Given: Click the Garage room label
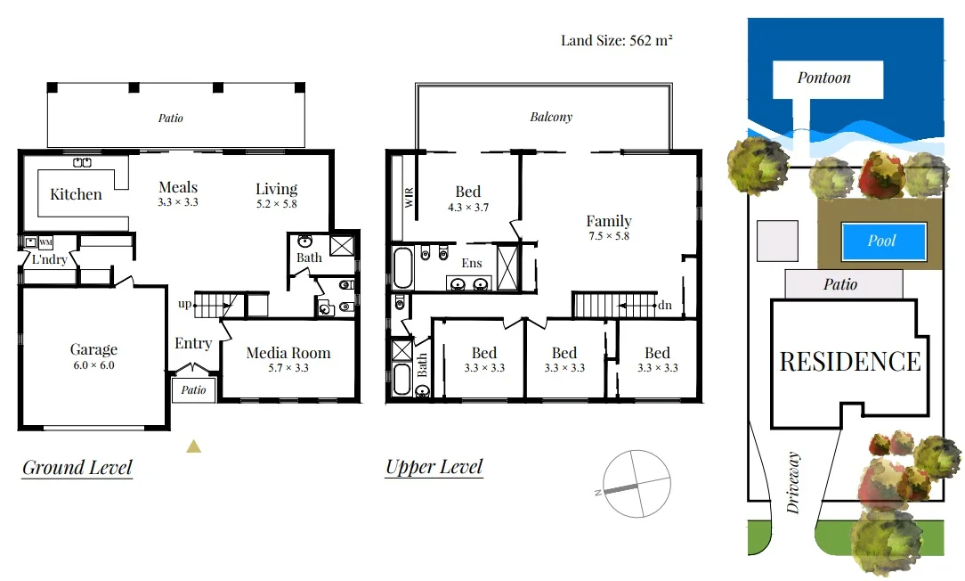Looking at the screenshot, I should (93, 350).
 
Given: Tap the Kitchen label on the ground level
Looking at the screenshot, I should (76, 194).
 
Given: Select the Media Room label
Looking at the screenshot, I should (288, 353).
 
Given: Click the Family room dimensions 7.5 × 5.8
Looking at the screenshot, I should (609, 236).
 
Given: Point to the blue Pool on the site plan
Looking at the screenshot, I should (883, 241).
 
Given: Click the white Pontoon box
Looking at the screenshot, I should (826, 78).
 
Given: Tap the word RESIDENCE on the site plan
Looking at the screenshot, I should (849, 361).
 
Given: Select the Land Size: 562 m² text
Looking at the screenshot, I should (615, 40).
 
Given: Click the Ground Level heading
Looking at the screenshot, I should (77, 468).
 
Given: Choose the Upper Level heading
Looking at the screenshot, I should (434, 467).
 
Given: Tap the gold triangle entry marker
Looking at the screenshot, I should (193, 446).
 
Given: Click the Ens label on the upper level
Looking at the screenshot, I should (472, 263).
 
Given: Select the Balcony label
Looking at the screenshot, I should (551, 117).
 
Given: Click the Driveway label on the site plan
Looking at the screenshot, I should (793, 482).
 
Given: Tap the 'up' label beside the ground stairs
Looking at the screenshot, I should (184, 304).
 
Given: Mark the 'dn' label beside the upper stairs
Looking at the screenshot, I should (664, 305).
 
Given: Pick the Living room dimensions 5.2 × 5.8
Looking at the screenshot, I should (276, 204).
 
